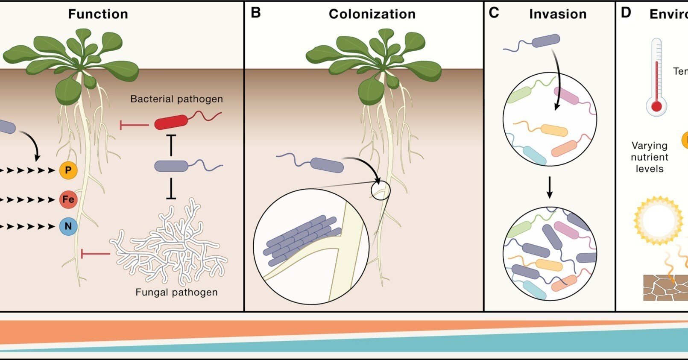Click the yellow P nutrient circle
point(68,170)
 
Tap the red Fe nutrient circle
point(68,199)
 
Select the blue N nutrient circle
point(68,226)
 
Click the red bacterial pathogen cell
point(171,122)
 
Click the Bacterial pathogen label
point(176,99)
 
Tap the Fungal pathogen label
point(176,293)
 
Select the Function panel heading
point(98,14)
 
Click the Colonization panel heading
point(372,14)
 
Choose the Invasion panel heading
point(558,14)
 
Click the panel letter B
point(255,13)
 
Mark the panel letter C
point(494,13)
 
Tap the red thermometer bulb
point(656,106)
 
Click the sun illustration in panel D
point(658,220)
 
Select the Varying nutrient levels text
point(649,157)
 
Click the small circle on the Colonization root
point(380,190)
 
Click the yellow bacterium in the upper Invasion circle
point(554,130)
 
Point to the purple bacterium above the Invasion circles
point(545,41)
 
